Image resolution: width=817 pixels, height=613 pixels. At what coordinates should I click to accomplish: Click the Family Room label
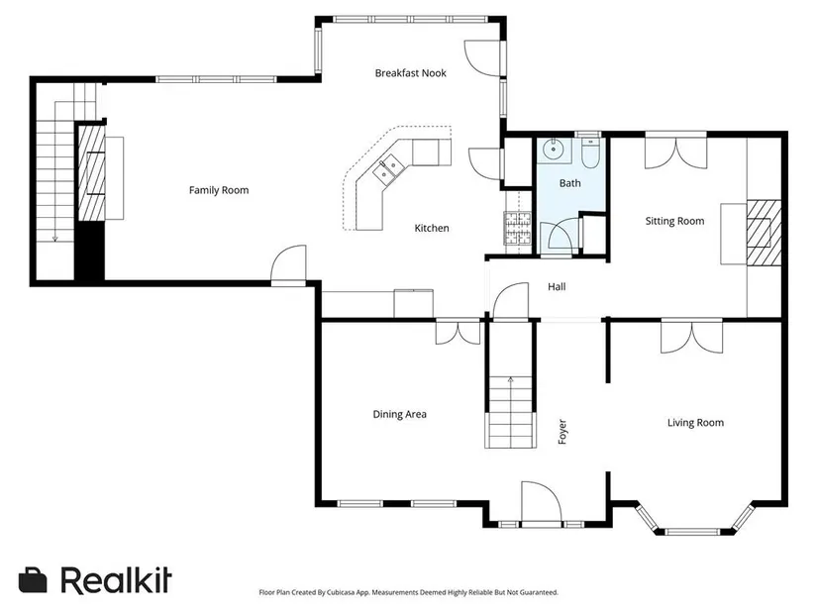click(x=219, y=190)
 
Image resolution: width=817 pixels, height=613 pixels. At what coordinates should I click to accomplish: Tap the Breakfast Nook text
click(x=411, y=73)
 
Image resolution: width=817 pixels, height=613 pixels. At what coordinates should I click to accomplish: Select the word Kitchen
click(x=432, y=228)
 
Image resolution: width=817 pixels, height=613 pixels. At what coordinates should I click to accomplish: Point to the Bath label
click(x=570, y=183)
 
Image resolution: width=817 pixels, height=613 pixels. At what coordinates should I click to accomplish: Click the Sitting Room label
click(x=674, y=221)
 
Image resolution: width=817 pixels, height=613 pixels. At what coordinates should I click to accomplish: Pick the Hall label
click(x=557, y=286)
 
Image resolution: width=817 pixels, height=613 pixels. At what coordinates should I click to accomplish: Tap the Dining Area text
click(x=400, y=414)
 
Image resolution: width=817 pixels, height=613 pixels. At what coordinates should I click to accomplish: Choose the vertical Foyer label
click(x=562, y=432)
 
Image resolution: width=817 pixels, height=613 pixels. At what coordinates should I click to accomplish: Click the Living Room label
click(x=695, y=423)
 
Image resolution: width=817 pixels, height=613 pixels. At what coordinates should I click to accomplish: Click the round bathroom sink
click(x=553, y=151)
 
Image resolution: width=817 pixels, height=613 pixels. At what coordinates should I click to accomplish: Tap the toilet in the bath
click(x=590, y=152)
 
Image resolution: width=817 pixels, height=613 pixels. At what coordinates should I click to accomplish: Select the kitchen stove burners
click(x=517, y=228)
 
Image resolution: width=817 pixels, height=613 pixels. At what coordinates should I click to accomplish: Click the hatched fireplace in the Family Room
click(x=92, y=173)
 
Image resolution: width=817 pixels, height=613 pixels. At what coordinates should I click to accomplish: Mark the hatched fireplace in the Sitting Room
click(x=764, y=233)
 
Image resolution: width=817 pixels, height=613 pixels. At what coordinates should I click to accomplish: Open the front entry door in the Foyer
click(x=542, y=502)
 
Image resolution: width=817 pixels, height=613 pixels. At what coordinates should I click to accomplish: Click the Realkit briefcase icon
click(x=33, y=580)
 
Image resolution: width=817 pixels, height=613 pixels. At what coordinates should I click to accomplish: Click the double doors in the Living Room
click(x=692, y=338)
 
